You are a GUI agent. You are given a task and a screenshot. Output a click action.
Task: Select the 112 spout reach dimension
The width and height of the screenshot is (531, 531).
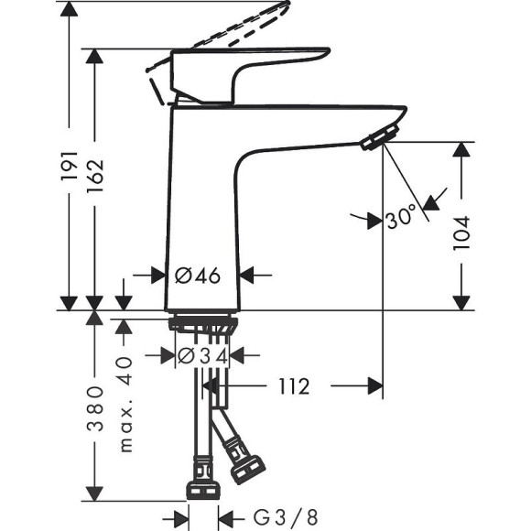pyautogui.click(x=289, y=386)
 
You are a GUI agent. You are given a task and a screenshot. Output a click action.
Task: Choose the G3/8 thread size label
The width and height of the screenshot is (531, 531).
pyautogui.click(x=274, y=516)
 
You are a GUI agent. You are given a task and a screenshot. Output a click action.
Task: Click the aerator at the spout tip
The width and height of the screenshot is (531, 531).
pyautogui.click(x=375, y=138)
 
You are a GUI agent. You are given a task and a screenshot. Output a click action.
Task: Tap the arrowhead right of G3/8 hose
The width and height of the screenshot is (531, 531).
pyautogui.click(x=227, y=516)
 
